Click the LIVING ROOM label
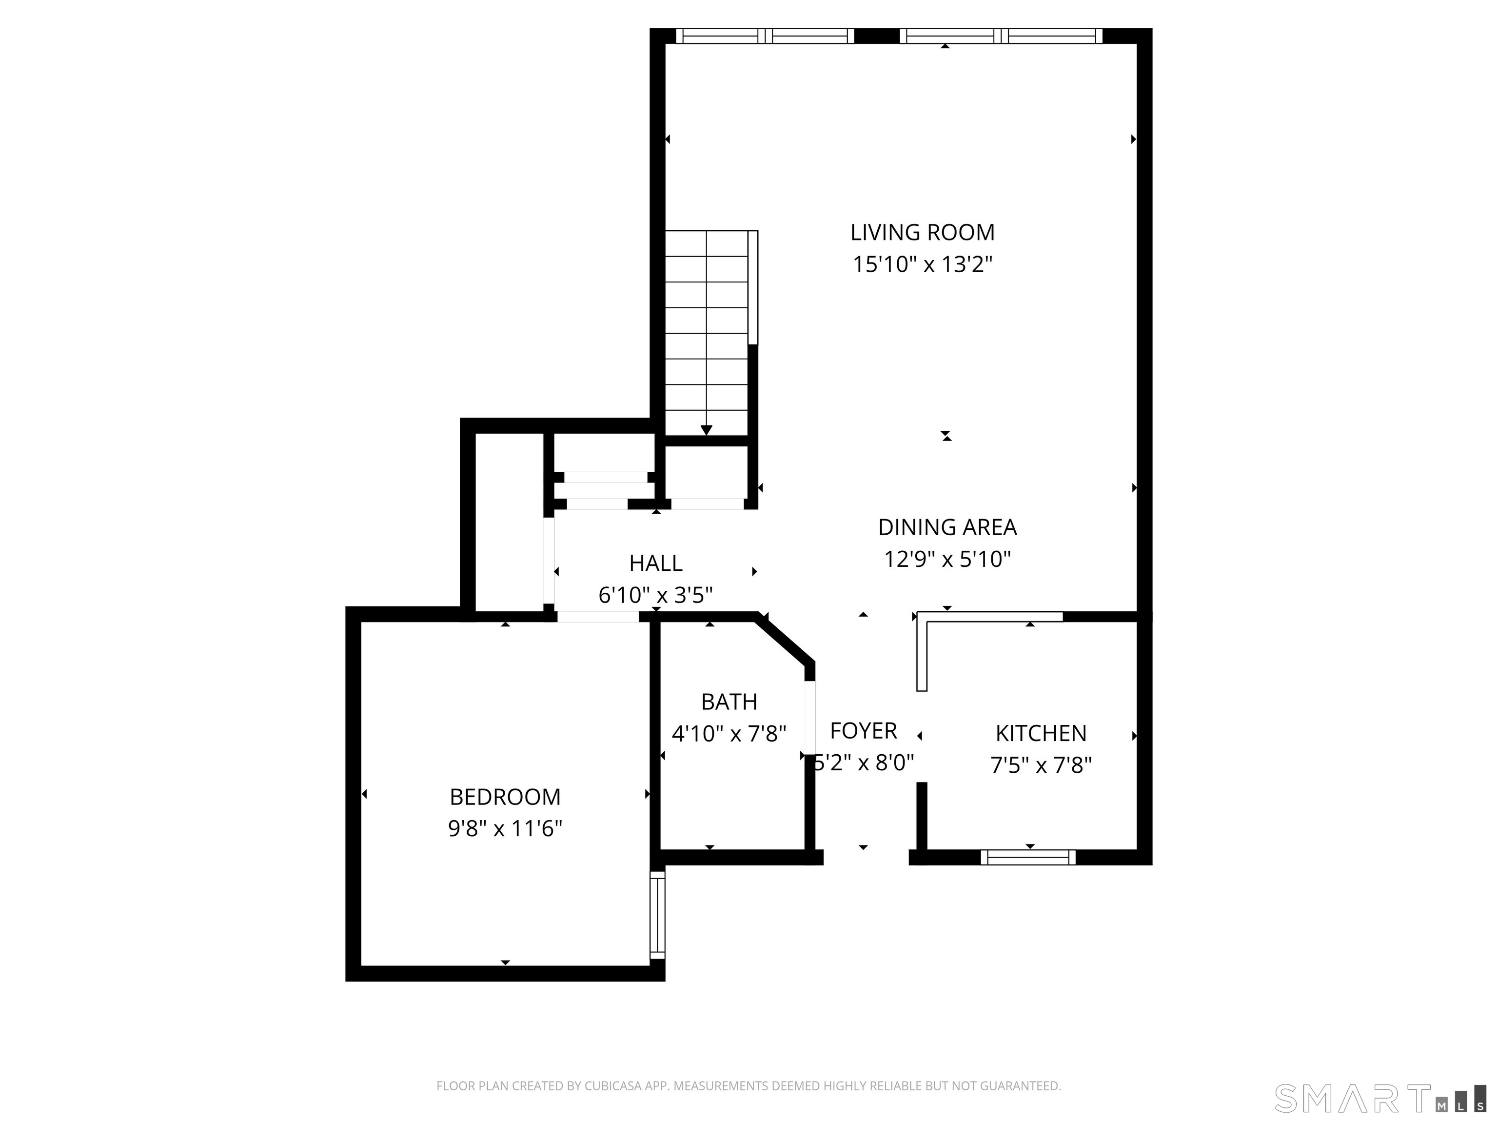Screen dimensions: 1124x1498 [x=923, y=232]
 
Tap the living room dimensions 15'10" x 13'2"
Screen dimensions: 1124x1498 [x=923, y=264]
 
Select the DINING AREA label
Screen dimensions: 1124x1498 [x=947, y=527]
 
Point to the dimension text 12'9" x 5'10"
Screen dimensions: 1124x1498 [x=947, y=560]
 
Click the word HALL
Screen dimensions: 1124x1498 [x=655, y=563]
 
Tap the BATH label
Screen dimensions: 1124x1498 [x=729, y=702]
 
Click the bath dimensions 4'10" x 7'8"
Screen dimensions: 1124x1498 [x=729, y=734]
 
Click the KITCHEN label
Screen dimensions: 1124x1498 [x=1041, y=733]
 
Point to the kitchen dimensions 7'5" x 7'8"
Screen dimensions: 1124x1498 [x=1041, y=765]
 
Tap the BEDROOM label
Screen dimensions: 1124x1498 [x=505, y=797]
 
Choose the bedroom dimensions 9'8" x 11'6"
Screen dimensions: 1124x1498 [x=505, y=828]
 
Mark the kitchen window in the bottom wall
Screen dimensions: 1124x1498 [x=1028, y=858]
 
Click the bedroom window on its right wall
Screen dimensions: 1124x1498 [x=657, y=915]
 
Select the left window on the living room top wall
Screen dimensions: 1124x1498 [x=765, y=36]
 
